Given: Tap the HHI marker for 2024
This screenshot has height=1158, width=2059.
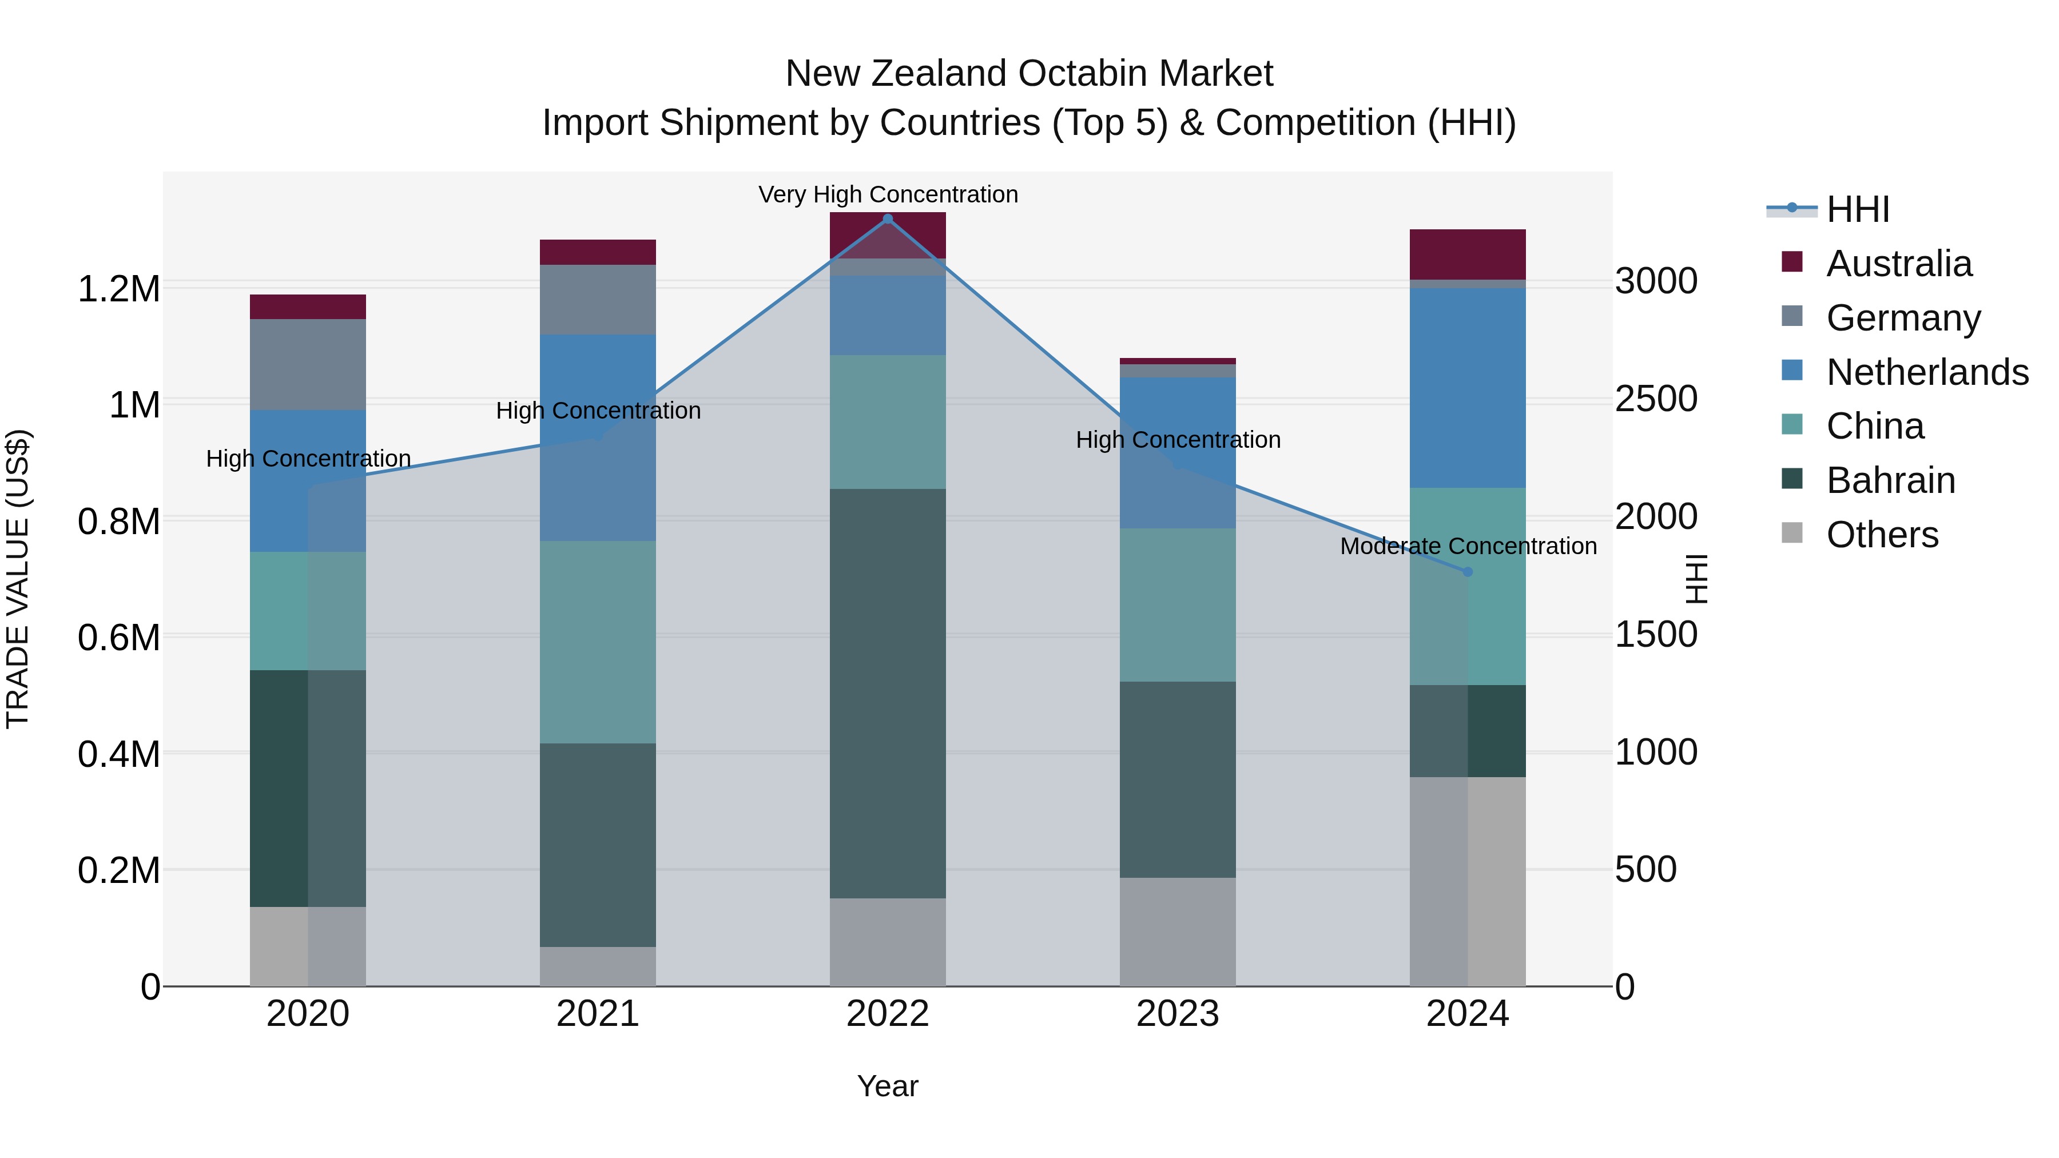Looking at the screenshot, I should (x=1468, y=571).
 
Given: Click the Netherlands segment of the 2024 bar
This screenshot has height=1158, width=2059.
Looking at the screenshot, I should (x=1468, y=388).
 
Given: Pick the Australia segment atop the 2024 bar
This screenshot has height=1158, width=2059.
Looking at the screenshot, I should (x=1468, y=254).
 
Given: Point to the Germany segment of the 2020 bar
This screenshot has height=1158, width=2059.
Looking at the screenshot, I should (x=308, y=364).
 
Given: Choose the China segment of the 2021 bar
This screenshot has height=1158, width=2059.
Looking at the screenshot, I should (x=598, y=642).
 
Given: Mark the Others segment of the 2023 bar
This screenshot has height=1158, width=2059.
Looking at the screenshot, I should (x=1178, y=932).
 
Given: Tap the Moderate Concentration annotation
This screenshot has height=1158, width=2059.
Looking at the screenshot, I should (x=1468, y=546).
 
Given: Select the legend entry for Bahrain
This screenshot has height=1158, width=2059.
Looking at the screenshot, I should (x=1890, y=480).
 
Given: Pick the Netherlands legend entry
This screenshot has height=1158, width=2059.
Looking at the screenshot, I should (x=1927, y=372).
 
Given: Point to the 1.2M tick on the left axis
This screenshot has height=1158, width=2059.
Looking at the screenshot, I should (x=119, y=289).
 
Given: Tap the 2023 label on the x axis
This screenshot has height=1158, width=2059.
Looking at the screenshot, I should (x=1178, y=1014).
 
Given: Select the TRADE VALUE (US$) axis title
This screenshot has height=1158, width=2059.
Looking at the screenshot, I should (x=18, y=579).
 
